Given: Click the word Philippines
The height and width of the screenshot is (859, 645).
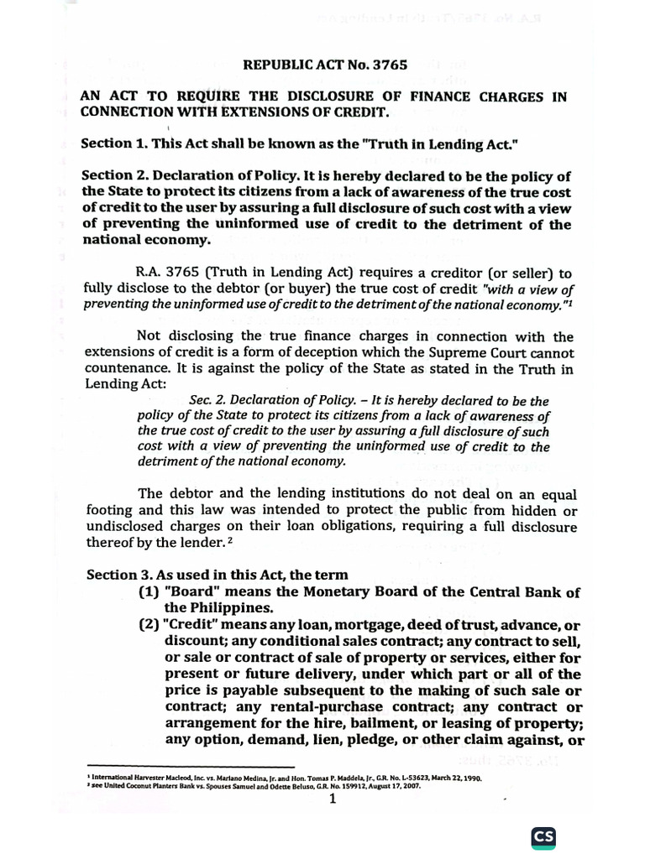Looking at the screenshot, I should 218,608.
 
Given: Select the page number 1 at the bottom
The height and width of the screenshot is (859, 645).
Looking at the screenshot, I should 333,799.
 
